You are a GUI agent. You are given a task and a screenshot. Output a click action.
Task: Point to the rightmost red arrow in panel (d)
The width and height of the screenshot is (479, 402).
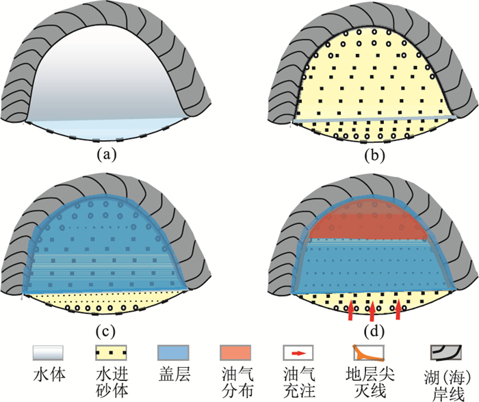[x=399, y=308]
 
